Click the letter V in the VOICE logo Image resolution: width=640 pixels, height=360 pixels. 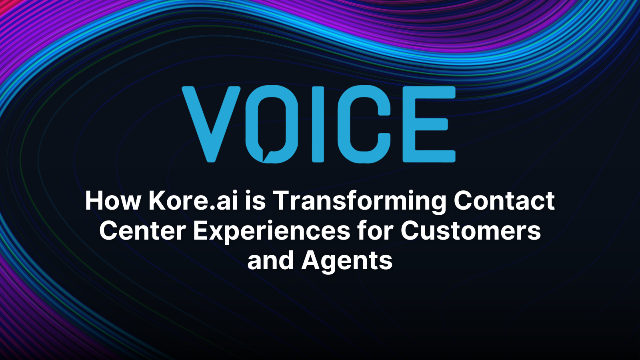tap(211, 124)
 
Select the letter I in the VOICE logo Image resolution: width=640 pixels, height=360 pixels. tap(318, 124)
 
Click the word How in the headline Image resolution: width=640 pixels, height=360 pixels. tap(113, 200)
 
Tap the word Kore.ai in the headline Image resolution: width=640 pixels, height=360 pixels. tap(193, 200)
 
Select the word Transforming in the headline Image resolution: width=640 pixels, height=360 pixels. tap(360, 201)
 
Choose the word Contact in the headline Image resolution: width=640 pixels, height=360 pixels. tap(504, 200)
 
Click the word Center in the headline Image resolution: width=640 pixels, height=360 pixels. tap(143, 231)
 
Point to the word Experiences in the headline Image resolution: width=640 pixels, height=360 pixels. tap(272, 232)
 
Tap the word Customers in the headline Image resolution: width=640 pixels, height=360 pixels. tap(471, 231)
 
